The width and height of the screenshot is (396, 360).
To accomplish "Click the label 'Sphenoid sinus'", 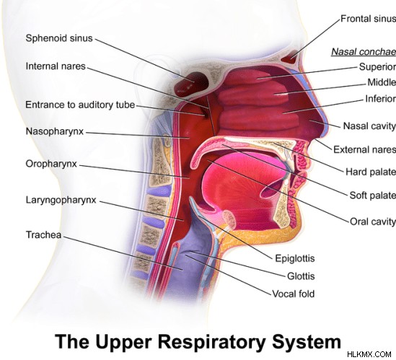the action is click(59, 38).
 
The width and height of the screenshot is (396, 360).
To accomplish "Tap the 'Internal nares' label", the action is click(56, 66).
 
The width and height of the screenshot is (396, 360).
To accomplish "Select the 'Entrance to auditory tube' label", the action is click(80, 105).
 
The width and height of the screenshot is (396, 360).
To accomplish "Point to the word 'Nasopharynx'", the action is click(55, 131).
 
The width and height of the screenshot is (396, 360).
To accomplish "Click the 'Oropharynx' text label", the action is click(51, 164).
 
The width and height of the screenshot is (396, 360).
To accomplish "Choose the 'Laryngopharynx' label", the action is click(61, 200).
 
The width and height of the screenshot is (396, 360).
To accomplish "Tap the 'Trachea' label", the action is click(44, 234).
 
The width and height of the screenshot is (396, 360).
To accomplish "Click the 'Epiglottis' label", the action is click(295, 258).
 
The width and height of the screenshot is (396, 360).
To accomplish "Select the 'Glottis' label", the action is click(301, 276).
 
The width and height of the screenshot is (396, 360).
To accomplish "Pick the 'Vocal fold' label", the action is click(293, 294).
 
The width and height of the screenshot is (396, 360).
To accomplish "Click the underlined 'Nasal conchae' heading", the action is click(364, 52).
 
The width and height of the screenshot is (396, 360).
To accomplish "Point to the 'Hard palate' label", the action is click(371, 172).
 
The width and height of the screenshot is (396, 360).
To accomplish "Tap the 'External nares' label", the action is click(365, 149).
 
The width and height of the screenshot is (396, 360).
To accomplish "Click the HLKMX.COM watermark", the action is click(369, 354).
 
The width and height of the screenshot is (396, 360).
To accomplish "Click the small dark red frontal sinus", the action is click(290, 57).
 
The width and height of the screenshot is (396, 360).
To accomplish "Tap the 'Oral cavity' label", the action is click(373, 221).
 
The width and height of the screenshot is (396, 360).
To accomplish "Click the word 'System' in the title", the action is click(307, 341).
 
